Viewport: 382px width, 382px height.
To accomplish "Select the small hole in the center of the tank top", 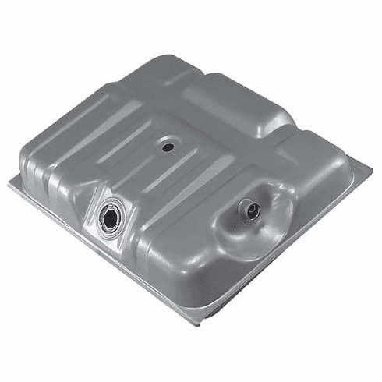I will [x=168, y=145].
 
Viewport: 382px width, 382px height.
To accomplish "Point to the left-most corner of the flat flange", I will [x=9, y=184].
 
